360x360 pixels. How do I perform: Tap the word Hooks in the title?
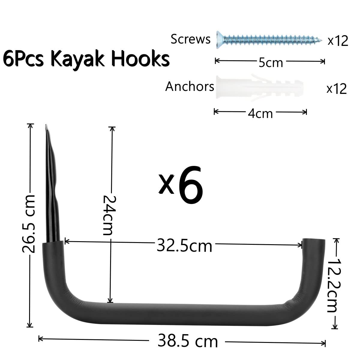(x=140, y=58)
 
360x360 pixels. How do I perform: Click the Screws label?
(x=190, y=39)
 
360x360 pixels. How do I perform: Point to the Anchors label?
(x=190, y=86)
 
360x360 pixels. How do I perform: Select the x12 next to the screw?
(x=338, y=40)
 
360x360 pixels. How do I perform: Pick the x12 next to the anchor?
(x=337, y=88)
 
